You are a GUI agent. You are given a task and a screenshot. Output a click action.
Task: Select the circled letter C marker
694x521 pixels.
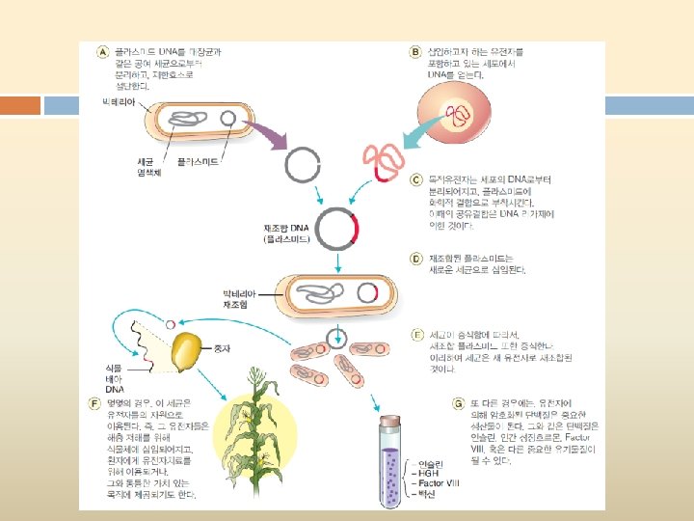click(x=416, y=179)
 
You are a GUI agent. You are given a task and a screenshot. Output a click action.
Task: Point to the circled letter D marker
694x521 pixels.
click(x=416, y=259)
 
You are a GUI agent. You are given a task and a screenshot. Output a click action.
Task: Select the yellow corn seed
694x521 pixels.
click(x=188, y=350)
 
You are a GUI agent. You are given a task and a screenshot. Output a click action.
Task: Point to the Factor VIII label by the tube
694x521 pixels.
click(x=434, y=480)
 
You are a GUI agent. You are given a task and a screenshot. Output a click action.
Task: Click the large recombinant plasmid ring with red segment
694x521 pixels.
click(x=337, y=230)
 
